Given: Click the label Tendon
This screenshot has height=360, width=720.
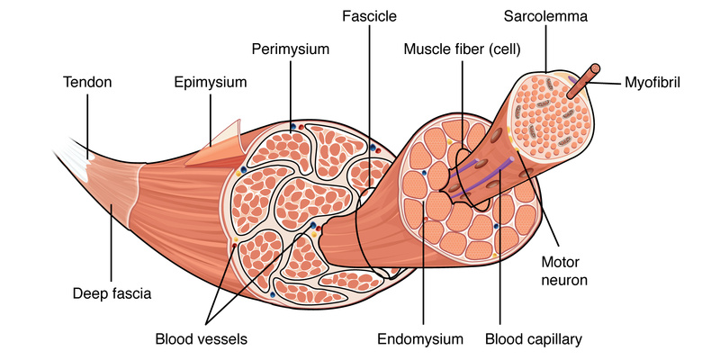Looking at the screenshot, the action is click(x=87, y=82).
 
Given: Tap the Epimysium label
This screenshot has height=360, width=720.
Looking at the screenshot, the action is click(x=211, y=83).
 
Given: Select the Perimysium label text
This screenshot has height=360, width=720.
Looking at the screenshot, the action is click(x=291, y=49).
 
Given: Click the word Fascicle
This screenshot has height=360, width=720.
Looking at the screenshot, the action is click(x=369, y=16).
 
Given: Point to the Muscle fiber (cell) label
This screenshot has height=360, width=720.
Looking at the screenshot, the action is click(x=462, y=49).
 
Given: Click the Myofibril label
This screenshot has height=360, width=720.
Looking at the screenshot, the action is click(x=652, y=83).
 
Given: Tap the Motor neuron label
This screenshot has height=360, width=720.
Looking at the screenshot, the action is click(x=560, y=271).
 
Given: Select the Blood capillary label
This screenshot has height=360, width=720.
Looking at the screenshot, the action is click(x=534, y=340).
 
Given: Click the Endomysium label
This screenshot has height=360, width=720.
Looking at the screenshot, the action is click(x=420, y=340).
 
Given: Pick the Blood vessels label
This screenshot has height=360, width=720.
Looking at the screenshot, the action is click(x=201, y=339).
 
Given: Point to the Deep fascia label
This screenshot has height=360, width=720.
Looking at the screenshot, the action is click(x=112, y=293).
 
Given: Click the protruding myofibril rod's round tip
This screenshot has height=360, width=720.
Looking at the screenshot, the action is click(x=595, y=68).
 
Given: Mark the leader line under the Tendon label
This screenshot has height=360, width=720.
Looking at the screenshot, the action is click(x=87, y=125).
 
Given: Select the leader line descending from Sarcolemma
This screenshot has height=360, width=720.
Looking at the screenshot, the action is click(x=546, y=49).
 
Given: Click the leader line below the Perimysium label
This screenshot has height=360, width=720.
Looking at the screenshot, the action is click(x=291, y=97).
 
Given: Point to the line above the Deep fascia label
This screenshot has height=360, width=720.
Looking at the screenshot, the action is click(x=111, y=243).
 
